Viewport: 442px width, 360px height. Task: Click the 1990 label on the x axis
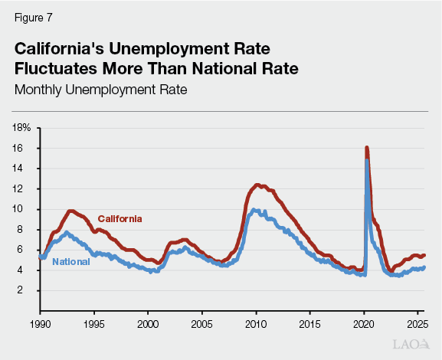[x=40, y=324]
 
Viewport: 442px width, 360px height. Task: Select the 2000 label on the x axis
[x=148, y=324]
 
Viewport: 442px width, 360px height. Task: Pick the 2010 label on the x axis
[x=256, y=324]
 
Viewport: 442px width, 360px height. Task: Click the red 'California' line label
[x=120, y=218]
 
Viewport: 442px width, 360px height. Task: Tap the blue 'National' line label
[x=71, y=262]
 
